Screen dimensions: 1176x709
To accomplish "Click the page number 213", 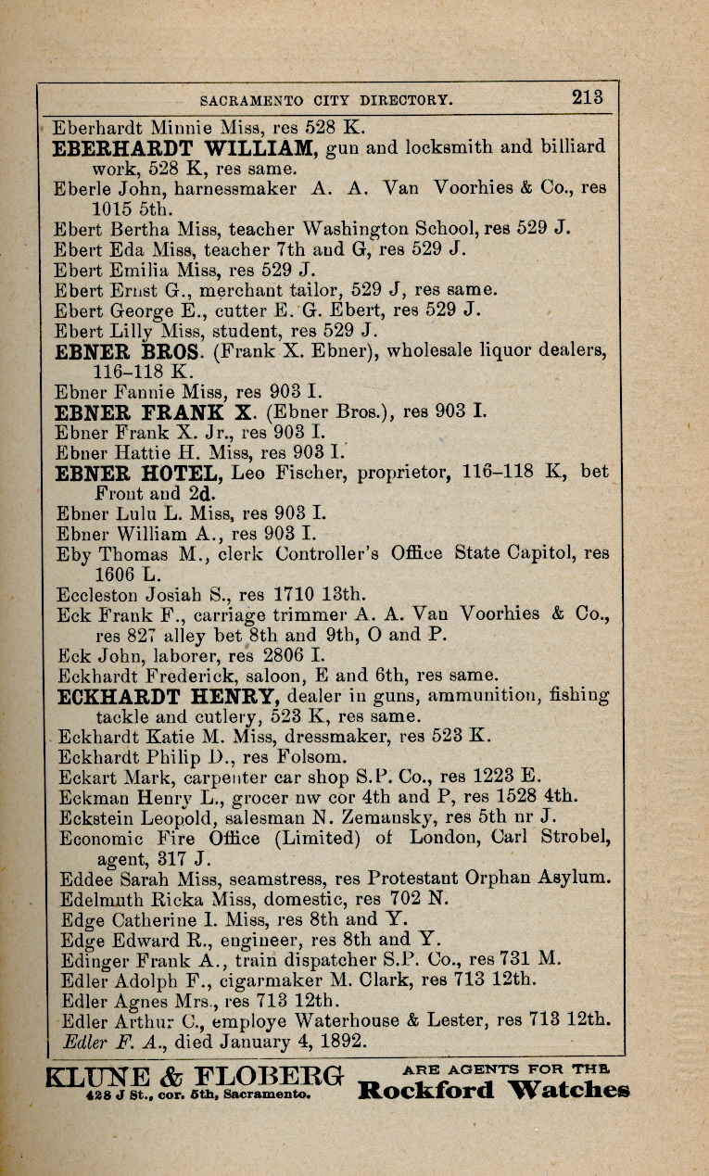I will (588, 95).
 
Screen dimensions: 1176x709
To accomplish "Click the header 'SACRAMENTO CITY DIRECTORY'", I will (326, 99).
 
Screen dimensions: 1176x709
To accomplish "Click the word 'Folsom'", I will (294, 757).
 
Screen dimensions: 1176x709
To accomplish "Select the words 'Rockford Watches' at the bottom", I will (493, 1090).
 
